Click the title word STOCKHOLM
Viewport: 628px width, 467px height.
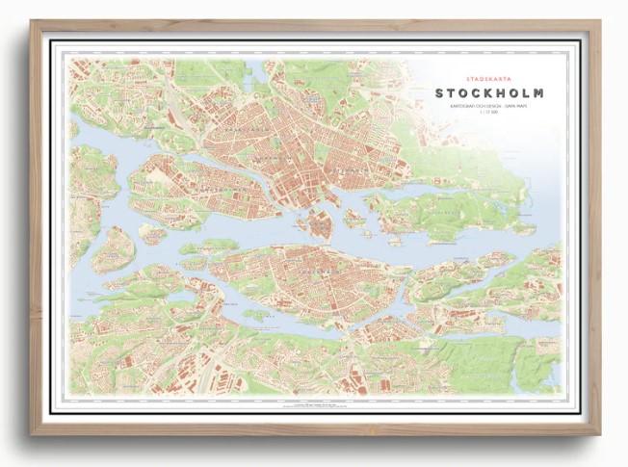click(488, 93)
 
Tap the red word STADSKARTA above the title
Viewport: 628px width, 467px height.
click(488, 75)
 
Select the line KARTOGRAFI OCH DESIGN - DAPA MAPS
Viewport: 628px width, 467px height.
click(488, 108)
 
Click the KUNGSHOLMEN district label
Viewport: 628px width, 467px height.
click(202, 182)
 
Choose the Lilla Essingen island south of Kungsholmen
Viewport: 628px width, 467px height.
click(152, 232)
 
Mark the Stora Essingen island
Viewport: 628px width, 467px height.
click(113, 249)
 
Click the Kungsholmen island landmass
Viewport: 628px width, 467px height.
click(193, 188)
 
